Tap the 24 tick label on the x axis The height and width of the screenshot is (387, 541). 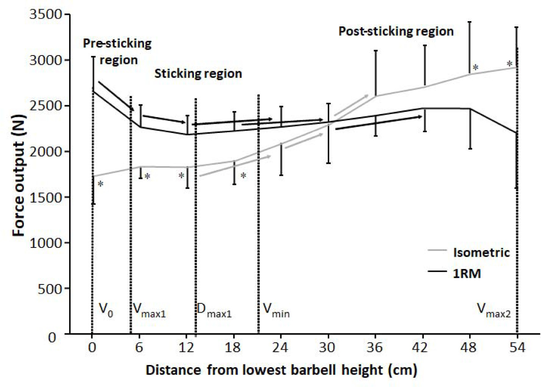[x=280, y=346]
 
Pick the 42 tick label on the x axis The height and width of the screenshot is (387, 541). [x=423, y=346]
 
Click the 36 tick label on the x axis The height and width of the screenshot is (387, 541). [x=375, y=346]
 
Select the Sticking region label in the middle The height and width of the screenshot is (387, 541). [x=198, y=74]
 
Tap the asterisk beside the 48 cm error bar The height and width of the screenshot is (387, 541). [x=476, y=68]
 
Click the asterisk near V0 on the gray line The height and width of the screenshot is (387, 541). [x=100, y=184]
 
